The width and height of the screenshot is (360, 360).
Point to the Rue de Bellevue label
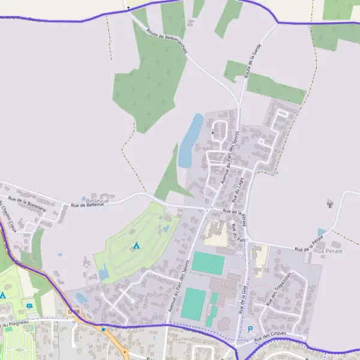click(88, 205)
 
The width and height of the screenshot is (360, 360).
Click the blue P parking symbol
click(250, 328)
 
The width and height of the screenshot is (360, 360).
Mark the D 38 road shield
click(74, 311)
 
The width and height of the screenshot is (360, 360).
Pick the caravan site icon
click(29, 306)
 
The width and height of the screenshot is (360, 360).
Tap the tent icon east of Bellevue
click(136, 245)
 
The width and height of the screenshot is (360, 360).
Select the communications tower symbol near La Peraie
click(329, 203)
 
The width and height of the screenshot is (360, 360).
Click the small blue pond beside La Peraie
click(322, 232)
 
